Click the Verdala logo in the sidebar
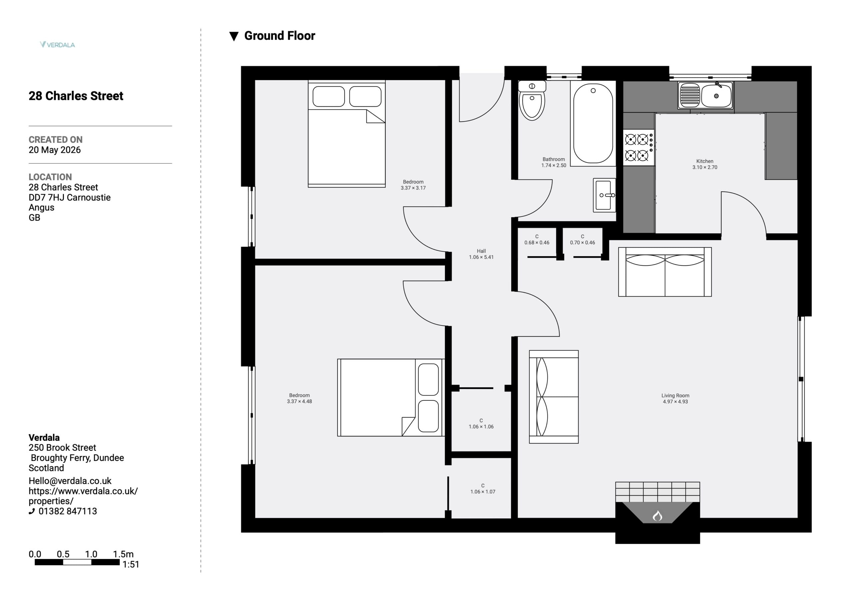coord(58,45)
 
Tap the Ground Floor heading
coord(280,36)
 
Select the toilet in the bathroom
coord(532,100)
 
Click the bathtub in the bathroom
coord(593,123)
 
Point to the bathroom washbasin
coord(604,195)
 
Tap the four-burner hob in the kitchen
coord(639,147)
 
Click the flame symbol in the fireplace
coord(658,516)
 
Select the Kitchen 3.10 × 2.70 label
coord(705,164)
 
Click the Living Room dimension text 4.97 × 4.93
coord(675,402)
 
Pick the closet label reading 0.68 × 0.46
coord(536,243)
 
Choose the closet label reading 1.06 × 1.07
coord(483,492)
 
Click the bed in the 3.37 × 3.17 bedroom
coord(346,134)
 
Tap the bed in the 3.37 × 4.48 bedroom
coord(391,397)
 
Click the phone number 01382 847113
coord(68,511)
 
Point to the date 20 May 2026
coord(55,150)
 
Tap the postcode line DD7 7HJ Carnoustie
coord(70,197)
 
